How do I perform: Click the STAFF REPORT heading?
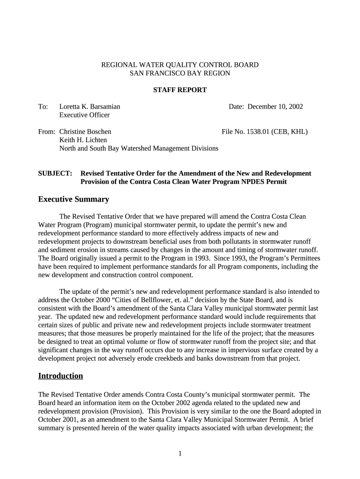click(x=180, y=90)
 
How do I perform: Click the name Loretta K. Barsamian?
click(x=89, y=107)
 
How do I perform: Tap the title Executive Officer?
click(x=84, y=115)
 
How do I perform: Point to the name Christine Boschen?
click(x=85, y=132)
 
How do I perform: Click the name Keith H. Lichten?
click(x=83, y=140)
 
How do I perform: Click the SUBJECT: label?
click(x=55, y=174)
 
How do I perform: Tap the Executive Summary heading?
click(x=73, y=199)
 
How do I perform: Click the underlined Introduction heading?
click(x=60, y=376)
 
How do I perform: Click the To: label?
click(x=43, y=107)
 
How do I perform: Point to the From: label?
click(x=46, y=132)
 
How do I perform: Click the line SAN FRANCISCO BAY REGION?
click(x=180, y=73)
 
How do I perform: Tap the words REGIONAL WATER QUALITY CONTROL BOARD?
click(x=180, y=65)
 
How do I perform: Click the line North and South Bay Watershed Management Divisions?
click(x=138, y=148)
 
